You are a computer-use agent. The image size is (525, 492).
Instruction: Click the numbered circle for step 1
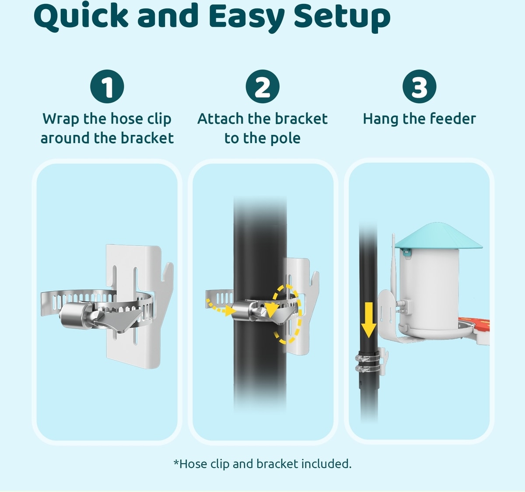107,87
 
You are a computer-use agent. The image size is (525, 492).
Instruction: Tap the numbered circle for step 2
262,87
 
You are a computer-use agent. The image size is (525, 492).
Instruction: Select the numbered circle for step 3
419,87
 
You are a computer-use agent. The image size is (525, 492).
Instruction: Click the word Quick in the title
81,17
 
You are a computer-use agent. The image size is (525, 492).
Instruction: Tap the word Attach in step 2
220,119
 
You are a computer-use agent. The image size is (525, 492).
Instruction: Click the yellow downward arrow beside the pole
368,320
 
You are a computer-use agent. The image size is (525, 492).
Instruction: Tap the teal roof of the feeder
438,236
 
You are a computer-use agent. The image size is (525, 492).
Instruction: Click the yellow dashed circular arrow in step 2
287,314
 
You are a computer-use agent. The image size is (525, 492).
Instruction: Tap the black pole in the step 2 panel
260,304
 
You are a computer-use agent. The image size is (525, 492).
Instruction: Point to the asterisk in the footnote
176,462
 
